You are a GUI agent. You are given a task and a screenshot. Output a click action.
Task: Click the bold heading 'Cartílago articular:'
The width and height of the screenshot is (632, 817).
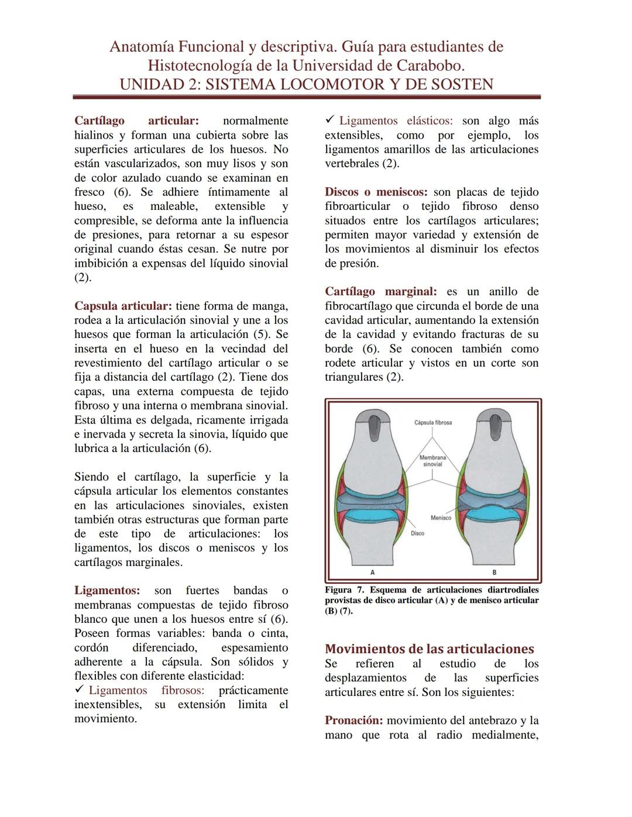pyautogui.click(x=136, y=121)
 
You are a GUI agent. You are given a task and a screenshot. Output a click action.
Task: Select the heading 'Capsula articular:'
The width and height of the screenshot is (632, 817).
pyautogui.click(x=123, y=306)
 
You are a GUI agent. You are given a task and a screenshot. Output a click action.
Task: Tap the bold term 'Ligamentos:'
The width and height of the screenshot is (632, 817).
pyautogui.click(x=107, y=591)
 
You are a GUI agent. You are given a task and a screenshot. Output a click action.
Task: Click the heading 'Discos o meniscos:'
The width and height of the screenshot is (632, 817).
pyautogui.click(x=376, y=192)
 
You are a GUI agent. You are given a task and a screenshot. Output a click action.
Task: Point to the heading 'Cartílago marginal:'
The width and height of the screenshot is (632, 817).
pyautogui.click(x=380, y=292)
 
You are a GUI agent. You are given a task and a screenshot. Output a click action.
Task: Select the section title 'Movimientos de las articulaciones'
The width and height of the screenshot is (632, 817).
pyautogui.click(x=429, y=649)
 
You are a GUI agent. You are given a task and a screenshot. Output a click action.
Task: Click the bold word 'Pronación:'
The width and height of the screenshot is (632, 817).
pyautogui.click(x=353, y=721)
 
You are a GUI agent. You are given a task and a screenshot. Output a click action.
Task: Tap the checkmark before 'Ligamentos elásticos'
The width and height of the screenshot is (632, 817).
pyautogui.click(x=329, y=120)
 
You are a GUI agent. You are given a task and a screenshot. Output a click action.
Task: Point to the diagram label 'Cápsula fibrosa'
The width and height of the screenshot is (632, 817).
pyautogui.click(x=432, y=423)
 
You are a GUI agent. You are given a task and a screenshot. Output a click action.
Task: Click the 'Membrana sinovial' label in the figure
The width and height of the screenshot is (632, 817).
pyautogui.click(x=432, y=461)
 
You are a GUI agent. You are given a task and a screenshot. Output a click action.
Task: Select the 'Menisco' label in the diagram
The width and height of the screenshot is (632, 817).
pyautogui.click(x=441, y=518)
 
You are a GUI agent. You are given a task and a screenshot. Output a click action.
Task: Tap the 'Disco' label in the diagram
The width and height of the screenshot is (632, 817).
pyautogui.click(x=417, y=533)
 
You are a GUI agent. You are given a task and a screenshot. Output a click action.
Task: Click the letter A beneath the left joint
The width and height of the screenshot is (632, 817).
pyautogui.click(x=373, y=572)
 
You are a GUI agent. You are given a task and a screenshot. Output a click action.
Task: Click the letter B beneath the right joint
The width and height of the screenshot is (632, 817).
pyautogui.click(x=494, y=572)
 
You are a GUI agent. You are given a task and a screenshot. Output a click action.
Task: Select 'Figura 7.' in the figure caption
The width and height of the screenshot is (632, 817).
pyautogui.click(x=344, y=590)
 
